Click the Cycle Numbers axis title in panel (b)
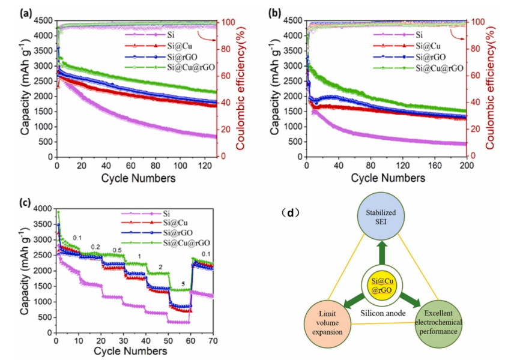coord(387,178)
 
